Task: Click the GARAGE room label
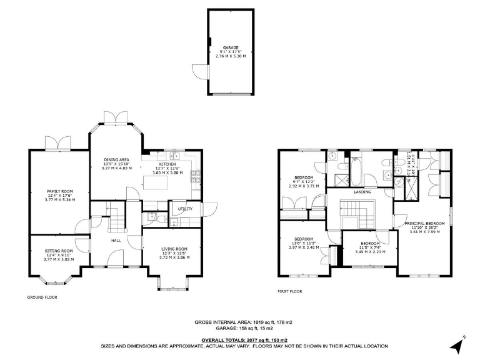(x=232, y=47)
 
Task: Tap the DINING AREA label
(x=116, y=161)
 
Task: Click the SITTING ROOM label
(x=59, y=250)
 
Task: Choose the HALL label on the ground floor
(x=116, y=239)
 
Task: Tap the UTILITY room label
(x=185, y=209)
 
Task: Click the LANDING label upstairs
(x=362, y=192)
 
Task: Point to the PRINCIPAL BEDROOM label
(x=424, y=223)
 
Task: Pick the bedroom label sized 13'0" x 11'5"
(x=304, y=239)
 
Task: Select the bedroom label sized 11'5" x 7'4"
(x=370, y=243)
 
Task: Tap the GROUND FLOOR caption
(x=42, y=297)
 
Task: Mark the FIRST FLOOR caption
(x=291, y=291)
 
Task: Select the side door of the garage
(x=199, y=70)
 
